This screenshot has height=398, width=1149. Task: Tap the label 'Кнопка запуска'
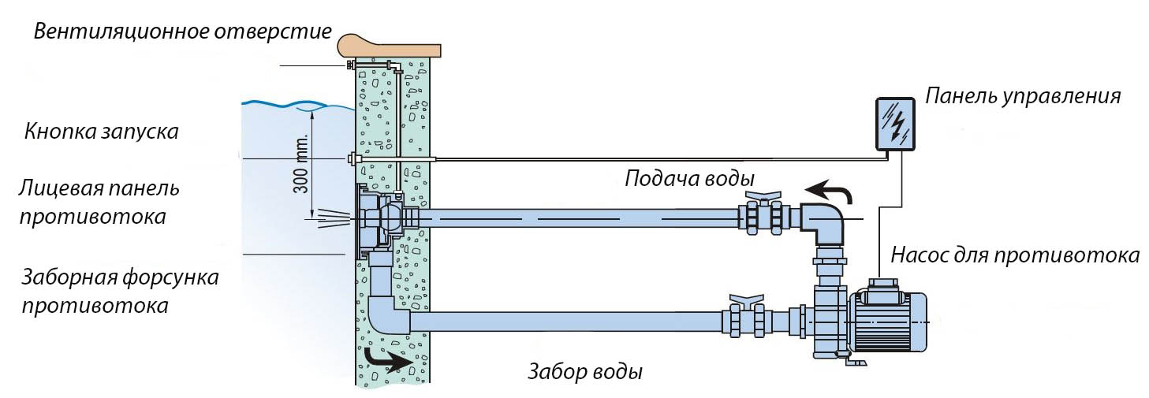102,131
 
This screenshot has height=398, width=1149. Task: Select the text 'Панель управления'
1023,96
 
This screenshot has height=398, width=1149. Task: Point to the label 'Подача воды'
690,177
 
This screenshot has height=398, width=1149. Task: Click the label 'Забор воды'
584,370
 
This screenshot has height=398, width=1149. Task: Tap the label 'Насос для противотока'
1015,255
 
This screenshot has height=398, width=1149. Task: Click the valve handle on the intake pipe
746,300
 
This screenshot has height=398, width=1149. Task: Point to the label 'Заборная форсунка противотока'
121,292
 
